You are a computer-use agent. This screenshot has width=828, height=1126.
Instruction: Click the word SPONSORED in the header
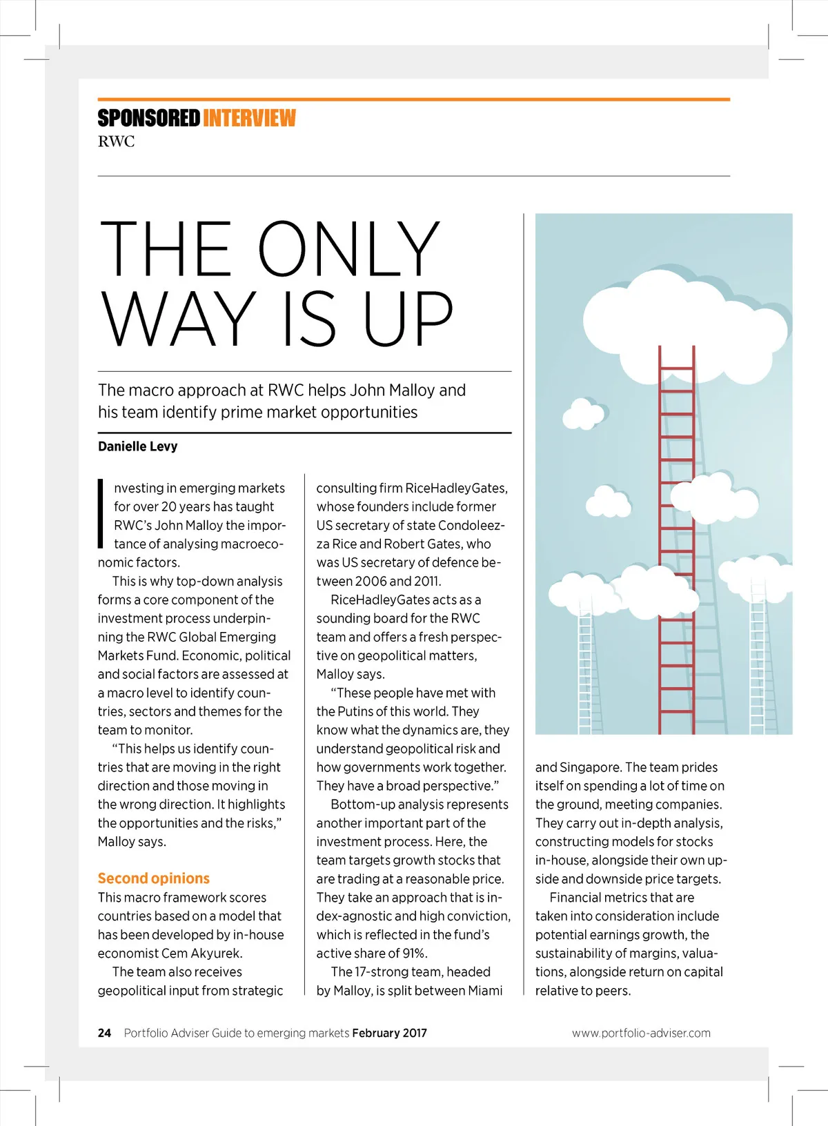(x=148, y=119)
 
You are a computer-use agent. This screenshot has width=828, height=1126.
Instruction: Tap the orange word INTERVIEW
(x=249, y=119)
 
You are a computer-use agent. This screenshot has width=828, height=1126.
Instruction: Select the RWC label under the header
(x=116, y=142)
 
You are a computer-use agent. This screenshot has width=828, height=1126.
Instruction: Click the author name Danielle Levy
(x=137, y=446)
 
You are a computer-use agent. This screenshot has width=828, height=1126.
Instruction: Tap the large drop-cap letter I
(x=101, y=514)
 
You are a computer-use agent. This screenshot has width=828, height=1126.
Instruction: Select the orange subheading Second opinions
(x=153, y=878)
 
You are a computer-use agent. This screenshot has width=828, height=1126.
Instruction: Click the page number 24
(x=104, y=1033)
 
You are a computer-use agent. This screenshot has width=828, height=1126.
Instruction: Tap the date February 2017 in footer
(x=389, y=1033)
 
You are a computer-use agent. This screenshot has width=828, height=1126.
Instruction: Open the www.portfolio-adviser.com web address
(x=641, y=1033)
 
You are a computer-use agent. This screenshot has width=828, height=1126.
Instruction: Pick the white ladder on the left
(x=585, y=669)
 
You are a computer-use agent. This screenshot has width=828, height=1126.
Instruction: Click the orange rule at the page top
(x=414, y=99)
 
